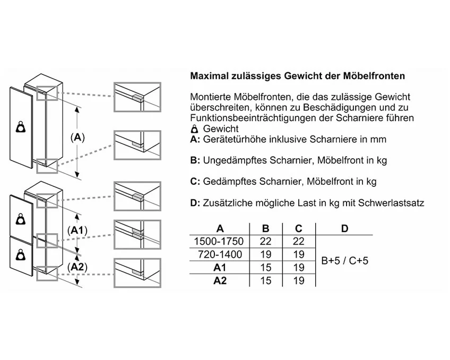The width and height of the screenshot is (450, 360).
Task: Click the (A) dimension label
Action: (x=77, y=138)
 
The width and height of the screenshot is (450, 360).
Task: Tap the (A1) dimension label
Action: (x=79, y=230)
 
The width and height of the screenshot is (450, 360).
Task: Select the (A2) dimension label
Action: (x=79, y=267)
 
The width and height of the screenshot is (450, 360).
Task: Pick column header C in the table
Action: (x=299, y=228)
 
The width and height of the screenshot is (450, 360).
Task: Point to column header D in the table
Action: (x=344, y=228)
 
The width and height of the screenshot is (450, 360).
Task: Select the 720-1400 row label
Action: (x=220, y=254)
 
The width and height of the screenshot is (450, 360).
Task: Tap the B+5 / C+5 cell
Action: (x=345, y=261)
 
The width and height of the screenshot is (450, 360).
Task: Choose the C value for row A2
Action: (x=299, y=280)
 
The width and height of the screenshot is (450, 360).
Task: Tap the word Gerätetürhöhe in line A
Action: (x=234, y=139)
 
